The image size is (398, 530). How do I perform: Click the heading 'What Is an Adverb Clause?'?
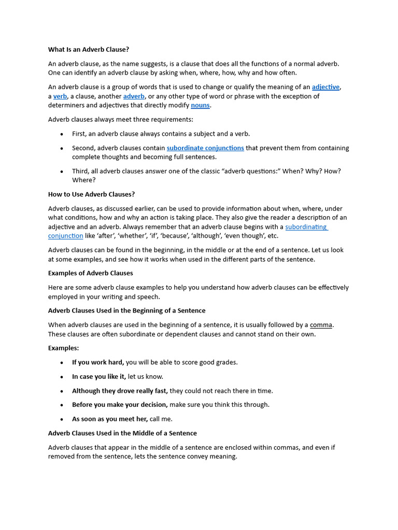point(89,50)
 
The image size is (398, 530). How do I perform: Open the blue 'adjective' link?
point(325,87)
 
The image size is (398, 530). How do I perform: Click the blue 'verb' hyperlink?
point(60,96)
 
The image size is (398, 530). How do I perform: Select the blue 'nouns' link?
point(200,106)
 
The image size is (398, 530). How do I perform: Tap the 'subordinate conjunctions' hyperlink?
point(205,148)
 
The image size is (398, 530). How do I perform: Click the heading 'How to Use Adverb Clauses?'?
point(91,194)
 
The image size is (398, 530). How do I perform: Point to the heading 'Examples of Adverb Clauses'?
point(90,273)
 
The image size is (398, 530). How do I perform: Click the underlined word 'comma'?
point(321,325)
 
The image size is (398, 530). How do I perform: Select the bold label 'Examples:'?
point(63,348)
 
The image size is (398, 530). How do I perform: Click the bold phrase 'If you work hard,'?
point(98,362)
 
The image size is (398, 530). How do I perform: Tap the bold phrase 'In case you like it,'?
point(99,377)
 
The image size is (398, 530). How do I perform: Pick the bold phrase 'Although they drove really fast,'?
point(120,391)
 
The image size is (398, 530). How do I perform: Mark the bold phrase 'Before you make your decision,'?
point(120,405)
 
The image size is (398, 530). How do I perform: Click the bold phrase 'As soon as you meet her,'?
point(110,419)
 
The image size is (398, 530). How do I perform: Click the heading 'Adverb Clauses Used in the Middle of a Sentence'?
point(122,433)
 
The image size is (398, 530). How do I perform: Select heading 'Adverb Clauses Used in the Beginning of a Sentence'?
point(126,311)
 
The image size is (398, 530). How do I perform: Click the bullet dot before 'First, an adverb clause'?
point(62,134)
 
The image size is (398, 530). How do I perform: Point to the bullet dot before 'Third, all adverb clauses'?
point(62,171)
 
